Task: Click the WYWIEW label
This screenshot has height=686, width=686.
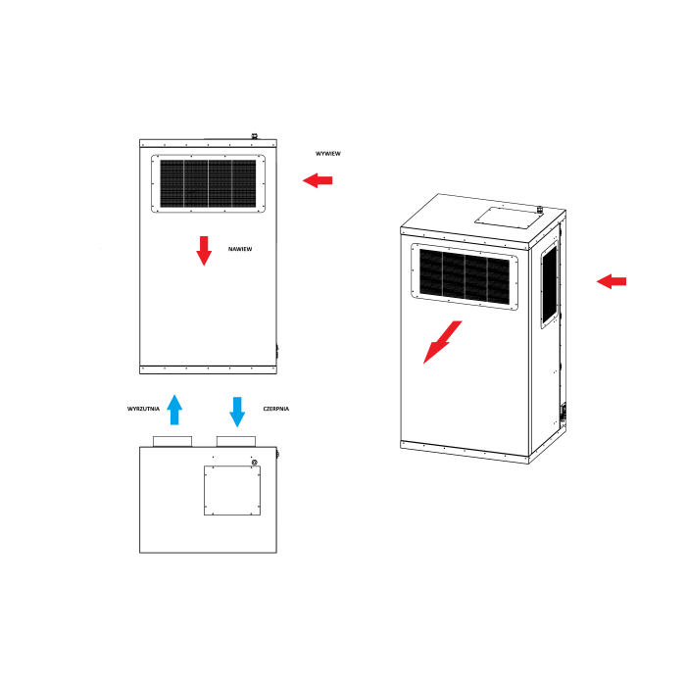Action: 328,154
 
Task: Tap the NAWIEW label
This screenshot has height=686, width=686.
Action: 240,249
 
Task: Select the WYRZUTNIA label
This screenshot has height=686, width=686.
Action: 143,409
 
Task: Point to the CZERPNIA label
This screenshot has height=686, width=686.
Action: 276,409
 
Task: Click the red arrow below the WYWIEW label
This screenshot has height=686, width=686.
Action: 318,180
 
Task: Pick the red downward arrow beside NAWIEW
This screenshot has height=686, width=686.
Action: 204,251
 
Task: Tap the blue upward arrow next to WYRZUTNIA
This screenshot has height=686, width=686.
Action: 174,410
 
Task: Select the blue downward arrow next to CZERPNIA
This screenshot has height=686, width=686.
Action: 237,412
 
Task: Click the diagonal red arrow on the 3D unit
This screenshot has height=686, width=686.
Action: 442,342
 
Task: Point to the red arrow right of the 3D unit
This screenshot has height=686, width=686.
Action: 612,281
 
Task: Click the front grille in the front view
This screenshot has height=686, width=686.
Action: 208,184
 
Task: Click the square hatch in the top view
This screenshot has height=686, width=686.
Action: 232,490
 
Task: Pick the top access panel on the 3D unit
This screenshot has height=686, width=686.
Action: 508,218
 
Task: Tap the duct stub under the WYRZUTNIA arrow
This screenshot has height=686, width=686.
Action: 172,441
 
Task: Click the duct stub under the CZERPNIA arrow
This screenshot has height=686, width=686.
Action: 236,441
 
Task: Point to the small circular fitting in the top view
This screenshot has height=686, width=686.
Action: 255,463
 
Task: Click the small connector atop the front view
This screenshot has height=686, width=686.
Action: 254,136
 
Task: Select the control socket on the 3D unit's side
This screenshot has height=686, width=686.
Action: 563,413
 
